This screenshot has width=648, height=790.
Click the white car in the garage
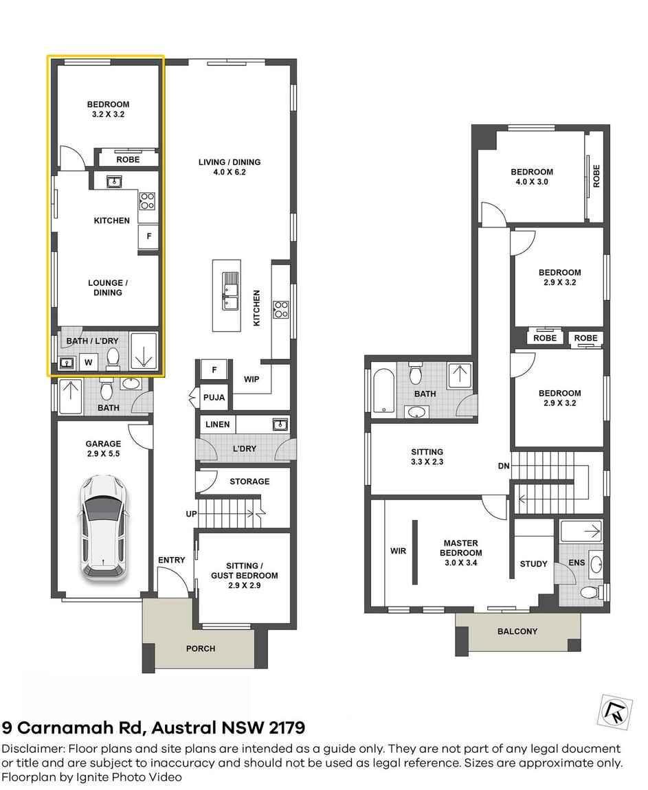[x=103, y=526]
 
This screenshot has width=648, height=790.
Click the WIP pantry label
[x=252, y=379]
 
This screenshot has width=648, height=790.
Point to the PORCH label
[x=201, y=648]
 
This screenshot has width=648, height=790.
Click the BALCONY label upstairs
[x=517, y=631]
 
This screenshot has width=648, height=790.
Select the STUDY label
[x=533, y=564]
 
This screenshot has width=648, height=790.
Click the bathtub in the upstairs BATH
[x=383, y=392]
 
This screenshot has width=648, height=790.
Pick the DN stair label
[x=504, y=466]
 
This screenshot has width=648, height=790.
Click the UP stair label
[x=192, y=514]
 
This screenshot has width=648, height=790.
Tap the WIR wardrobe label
[x=399, y=550]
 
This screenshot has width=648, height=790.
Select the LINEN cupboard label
[x=218, y=425]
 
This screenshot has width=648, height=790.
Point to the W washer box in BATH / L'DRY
[x=88, y=361]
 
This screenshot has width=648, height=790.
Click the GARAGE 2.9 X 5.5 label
[x=103, y=449]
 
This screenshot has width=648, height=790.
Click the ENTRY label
[x=171, y=560]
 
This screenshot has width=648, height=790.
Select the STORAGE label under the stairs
[x=249, y=482]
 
